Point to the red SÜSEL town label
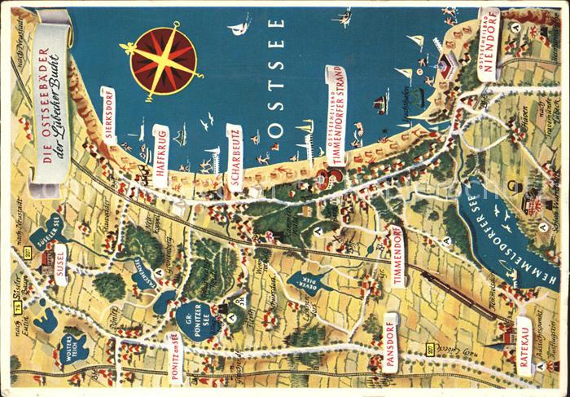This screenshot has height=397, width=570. point(59,262)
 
